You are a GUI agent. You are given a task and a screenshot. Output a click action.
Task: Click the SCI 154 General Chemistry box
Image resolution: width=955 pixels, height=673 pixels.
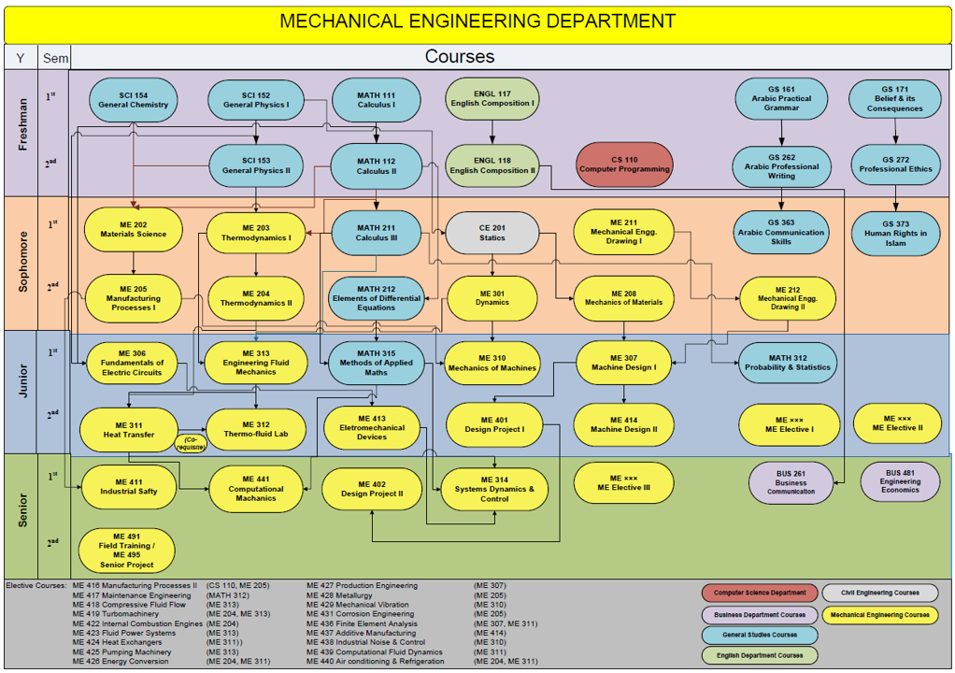coord(134,100)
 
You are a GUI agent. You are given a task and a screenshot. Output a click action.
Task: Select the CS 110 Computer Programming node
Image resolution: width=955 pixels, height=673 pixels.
coord(624,165)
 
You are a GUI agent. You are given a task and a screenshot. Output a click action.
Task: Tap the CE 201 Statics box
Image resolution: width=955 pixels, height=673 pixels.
coord(492,233)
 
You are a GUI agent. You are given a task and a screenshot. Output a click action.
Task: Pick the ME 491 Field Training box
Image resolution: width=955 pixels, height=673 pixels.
coord(127,551)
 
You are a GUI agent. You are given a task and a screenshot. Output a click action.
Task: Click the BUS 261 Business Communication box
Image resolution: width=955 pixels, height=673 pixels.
coord(791,482)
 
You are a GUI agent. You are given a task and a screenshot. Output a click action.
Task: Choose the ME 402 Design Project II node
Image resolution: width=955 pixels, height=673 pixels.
coord(371,489)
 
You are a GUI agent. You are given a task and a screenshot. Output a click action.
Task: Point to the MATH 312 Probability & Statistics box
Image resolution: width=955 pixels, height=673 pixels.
coord(787,362)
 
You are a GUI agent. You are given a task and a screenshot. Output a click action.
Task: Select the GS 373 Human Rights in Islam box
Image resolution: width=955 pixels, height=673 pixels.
coord(895,234)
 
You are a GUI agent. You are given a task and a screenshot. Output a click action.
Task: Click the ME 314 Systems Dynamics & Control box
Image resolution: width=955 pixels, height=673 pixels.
coord(494,489)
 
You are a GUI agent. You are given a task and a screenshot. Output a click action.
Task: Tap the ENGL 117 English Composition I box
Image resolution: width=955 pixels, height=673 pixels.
coord(492,99)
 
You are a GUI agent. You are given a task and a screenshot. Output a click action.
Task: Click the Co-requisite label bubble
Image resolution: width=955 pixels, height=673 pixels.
coord(191,442)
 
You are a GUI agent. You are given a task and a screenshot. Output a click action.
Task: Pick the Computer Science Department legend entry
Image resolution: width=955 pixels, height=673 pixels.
coord(760,593)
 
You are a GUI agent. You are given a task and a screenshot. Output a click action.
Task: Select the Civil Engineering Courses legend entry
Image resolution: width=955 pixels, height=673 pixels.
coord(879,593)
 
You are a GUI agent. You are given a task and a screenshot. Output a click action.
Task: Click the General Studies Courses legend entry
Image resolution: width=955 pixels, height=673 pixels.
coord(759,636)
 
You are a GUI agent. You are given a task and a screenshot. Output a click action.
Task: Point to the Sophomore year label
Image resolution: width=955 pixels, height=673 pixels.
coord(24,263)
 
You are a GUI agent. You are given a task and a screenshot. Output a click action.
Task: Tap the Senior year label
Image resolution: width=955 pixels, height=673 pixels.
coord(24,515)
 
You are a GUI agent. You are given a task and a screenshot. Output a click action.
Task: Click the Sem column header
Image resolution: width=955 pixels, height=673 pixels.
coord(55,58)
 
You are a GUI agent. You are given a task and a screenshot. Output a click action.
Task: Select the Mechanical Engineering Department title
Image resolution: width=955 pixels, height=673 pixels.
coord(477,21)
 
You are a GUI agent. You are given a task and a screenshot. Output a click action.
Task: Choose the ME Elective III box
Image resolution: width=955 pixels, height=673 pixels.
coord(623,482)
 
